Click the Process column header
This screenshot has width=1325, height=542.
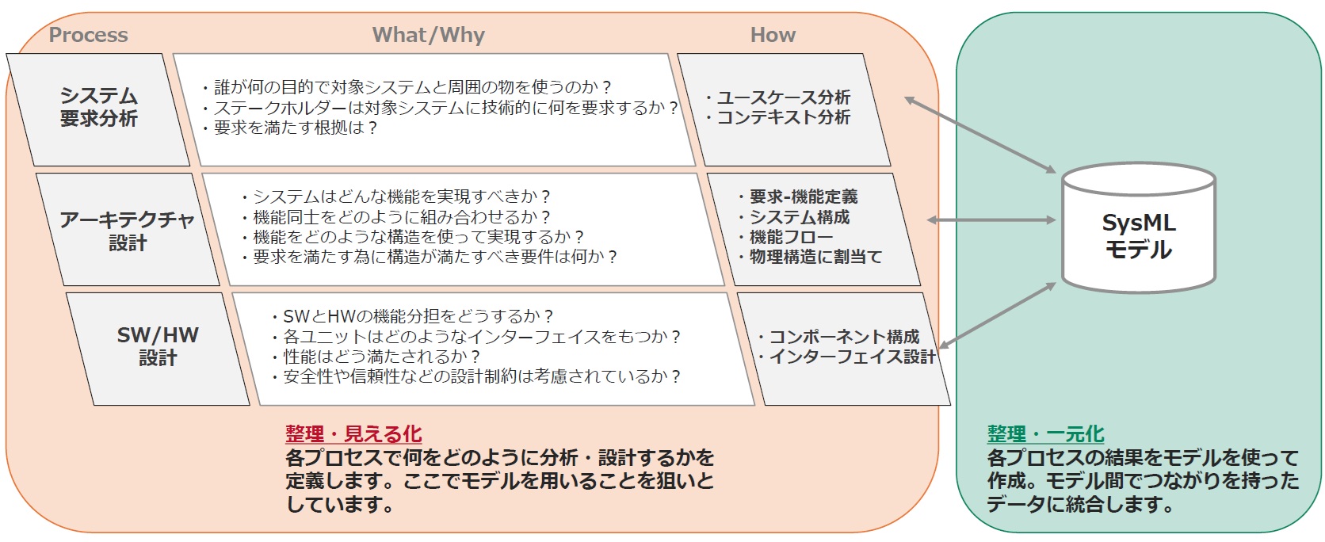pyautogui.click(x=88, y=35)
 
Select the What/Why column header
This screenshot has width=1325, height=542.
pyautogui.click(x=428, y=35)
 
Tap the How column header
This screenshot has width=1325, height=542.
pyautogui.click(x=773, y=35)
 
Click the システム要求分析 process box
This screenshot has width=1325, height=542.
pyautogui.click(x=99, y=108)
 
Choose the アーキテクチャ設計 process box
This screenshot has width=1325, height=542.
pyautogui.click(x=128, y=231)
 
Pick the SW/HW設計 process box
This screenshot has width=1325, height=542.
pyautogui.click(x=158, y=346)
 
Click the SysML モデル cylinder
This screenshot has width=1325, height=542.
pyautogui.click(x=1138, y=230)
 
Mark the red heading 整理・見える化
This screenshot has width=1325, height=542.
pyautogui.click(x=353, y=434)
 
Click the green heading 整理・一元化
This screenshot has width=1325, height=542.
pyautogui.click(x=1045, y=434)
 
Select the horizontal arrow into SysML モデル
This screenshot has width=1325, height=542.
pyautogui.click(x=991, y=219)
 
